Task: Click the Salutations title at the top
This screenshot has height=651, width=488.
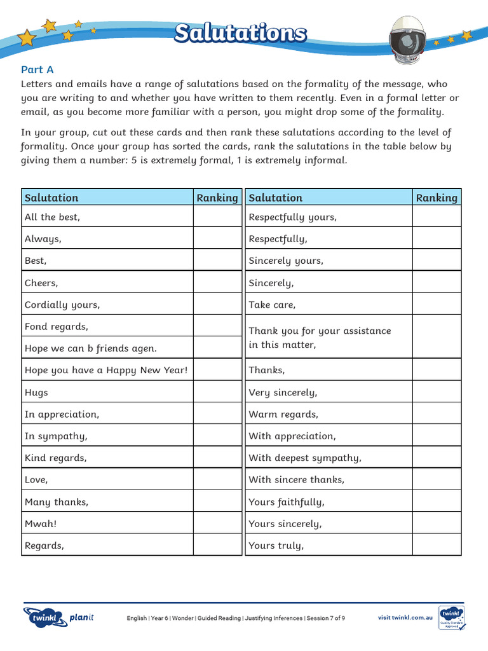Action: [x=240, y=34]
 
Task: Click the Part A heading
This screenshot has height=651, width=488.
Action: [x=37, y=69]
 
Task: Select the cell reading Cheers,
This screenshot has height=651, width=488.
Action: [x=107, y=282]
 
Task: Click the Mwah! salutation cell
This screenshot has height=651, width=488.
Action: [x=107, y=523]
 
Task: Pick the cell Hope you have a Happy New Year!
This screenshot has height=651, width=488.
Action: [x=107, y=370]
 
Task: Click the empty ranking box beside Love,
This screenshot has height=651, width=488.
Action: [x=219, y=479]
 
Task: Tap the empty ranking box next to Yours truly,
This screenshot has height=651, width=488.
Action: [x=437, y=545]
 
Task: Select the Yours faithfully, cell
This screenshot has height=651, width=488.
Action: [x=329, y=502]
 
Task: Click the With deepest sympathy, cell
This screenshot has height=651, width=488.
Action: [x=329, y=458]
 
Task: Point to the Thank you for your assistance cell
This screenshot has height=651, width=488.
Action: [x=329, y=337]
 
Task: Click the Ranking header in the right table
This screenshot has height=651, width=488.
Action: [x=437, y=198]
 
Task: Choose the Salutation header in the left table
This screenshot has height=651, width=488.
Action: [x=107, y=198]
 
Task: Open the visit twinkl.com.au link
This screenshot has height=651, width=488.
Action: [x=405, y=617]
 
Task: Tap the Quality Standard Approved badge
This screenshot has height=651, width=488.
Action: [x=452, y=617]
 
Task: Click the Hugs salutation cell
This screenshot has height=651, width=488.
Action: [x=107, y=392]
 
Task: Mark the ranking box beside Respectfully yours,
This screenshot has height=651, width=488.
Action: [x=437, y=217]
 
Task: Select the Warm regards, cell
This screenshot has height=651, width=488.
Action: [x=329, y=414]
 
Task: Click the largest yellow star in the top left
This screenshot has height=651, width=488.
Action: [x=27, y=38]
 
